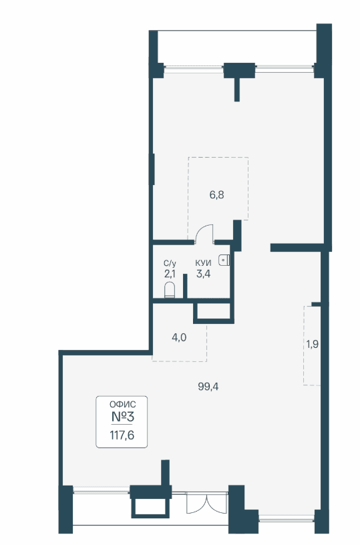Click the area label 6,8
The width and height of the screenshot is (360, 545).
pos(216,195)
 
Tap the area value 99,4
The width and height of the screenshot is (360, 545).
pos(208,386)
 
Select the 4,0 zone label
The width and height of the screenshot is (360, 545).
pos(179,337)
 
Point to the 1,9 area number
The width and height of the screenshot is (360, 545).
pos(313,344)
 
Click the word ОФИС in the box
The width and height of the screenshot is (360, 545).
pos(123,404)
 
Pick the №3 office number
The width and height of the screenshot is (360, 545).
pos(123,416)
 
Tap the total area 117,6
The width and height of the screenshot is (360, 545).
pos(122,435)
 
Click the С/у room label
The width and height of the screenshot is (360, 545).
pos(170,263)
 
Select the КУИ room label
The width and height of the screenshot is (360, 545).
pos(203,263)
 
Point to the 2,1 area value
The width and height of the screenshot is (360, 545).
pos(170,274)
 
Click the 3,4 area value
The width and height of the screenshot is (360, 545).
pos(203,274)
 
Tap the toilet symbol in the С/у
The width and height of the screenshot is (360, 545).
pos(169,291)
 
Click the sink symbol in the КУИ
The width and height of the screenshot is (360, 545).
pos(224,260)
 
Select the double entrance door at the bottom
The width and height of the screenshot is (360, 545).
pos(207,502)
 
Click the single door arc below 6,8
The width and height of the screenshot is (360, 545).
pos(204,232)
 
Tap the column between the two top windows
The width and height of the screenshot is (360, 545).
pos(239,71)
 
